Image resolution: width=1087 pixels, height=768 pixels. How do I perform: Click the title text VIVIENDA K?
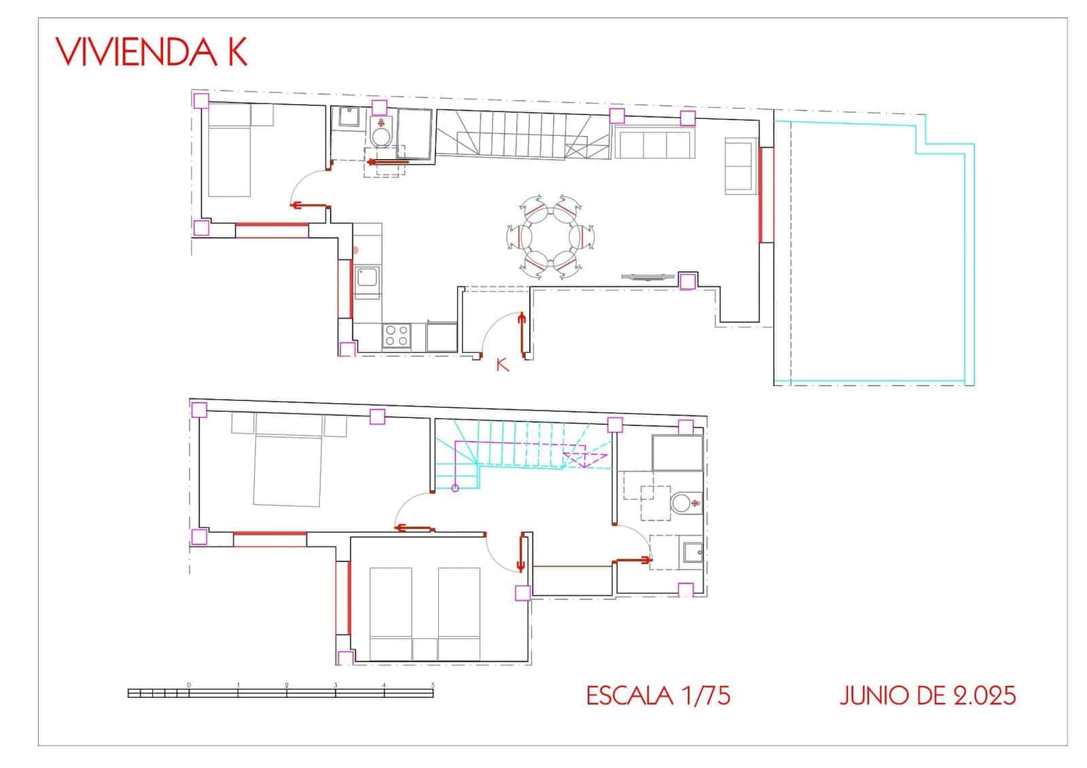point(152,52)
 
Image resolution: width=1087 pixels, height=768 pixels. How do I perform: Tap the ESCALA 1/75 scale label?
point(658,696)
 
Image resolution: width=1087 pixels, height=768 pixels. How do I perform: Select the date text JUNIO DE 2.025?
point(927,696)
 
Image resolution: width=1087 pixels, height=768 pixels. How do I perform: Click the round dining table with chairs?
point(550,237)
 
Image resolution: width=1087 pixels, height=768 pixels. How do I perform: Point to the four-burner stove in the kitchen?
point(397,336)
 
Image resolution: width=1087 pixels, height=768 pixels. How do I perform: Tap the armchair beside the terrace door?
point(741,166)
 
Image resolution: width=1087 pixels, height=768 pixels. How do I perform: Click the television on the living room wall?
point(648,277)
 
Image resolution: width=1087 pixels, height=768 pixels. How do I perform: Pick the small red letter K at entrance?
point(502,364)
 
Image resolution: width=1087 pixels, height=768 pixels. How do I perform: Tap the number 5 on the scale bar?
point(433,685)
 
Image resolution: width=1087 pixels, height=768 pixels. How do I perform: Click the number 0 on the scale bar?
point(189,685)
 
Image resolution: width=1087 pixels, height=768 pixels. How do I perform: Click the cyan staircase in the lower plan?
point(522,455)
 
